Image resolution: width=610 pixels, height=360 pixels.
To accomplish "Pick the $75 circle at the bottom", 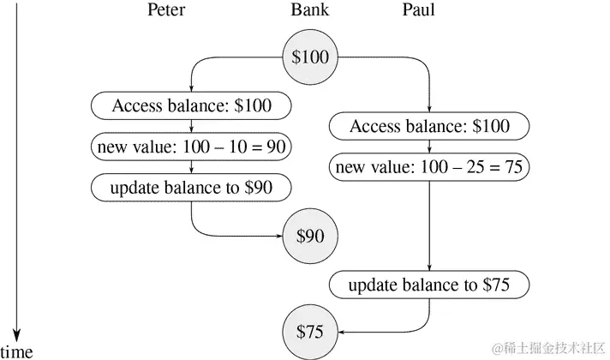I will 309,330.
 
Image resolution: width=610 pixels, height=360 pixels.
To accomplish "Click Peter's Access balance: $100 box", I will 191,106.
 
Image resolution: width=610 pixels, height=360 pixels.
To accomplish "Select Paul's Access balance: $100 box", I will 428,127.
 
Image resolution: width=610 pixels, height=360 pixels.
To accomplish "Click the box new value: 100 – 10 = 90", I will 191,147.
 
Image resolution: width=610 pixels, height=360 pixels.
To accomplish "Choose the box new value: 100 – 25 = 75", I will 428,166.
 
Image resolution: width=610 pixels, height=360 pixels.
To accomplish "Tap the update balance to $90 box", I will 191,187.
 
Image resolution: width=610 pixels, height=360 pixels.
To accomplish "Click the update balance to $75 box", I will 428,285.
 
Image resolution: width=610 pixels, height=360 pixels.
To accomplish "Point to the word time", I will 17,351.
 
